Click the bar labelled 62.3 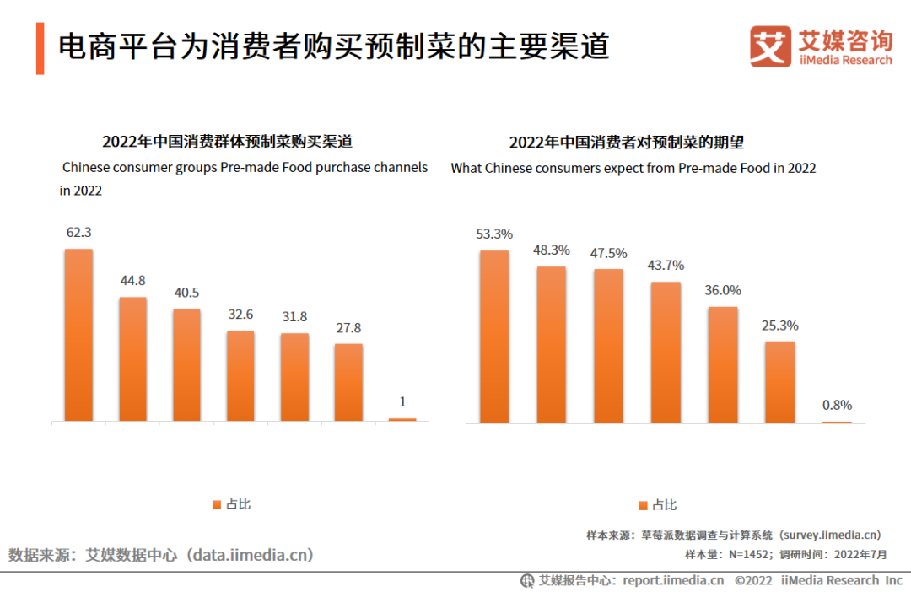click(x=78, y=335)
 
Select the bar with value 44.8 click(x=132, y=358)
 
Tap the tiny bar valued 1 click(x=402, y=419)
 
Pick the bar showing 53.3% click(x=494, y=336)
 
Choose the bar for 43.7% click(x=666, y=352)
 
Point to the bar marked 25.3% click(x=780, y=381)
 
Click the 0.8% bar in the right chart click(x=837, y=422)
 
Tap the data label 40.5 click(x=186, y=293)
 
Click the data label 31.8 click(x=294, y=317)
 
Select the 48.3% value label click(x=552, y=250)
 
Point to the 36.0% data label click(x=723, y=290)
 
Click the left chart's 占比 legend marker click(x=217, y=504)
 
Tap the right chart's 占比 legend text click(x=664, y=505)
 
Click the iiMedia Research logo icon click(x=769, y=46)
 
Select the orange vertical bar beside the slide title click(x=40, y=48)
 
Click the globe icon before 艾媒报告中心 click(x=527, y=580)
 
